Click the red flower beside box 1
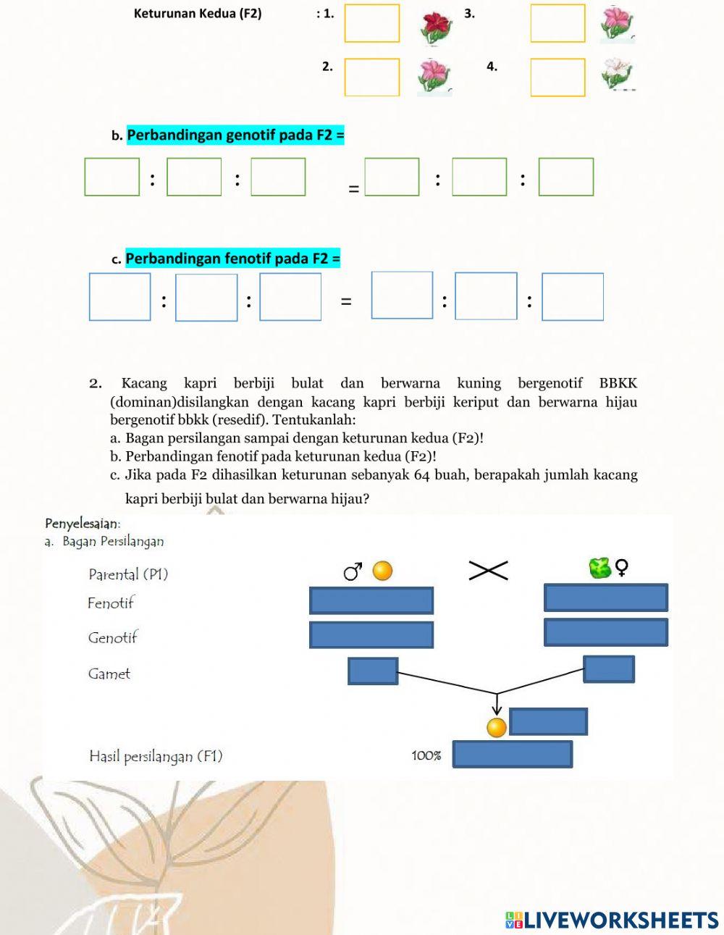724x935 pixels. (436, 25)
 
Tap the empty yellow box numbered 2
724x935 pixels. (371, 77)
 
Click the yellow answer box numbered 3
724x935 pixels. (557, 23)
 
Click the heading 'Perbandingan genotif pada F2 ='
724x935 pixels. (235, 135)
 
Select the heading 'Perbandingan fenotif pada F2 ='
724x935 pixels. (232, 259)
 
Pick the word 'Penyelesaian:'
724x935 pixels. (83, 523)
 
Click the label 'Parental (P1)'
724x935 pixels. (128, 574)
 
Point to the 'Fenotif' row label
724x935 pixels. (111, 603)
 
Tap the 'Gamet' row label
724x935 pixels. (109, 674)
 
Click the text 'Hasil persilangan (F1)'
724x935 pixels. (156, 756)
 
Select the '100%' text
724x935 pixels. (426, 755)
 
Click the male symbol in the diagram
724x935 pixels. (353, 571)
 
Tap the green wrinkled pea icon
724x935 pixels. (600, 568)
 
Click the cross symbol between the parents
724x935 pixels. (488, 571)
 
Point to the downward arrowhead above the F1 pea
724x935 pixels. (497, 710)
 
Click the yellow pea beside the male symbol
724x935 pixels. (382, 571)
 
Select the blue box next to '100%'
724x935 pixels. (512, 754)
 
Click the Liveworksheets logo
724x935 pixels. (612, 920)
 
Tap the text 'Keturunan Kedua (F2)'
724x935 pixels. (198, 13)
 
